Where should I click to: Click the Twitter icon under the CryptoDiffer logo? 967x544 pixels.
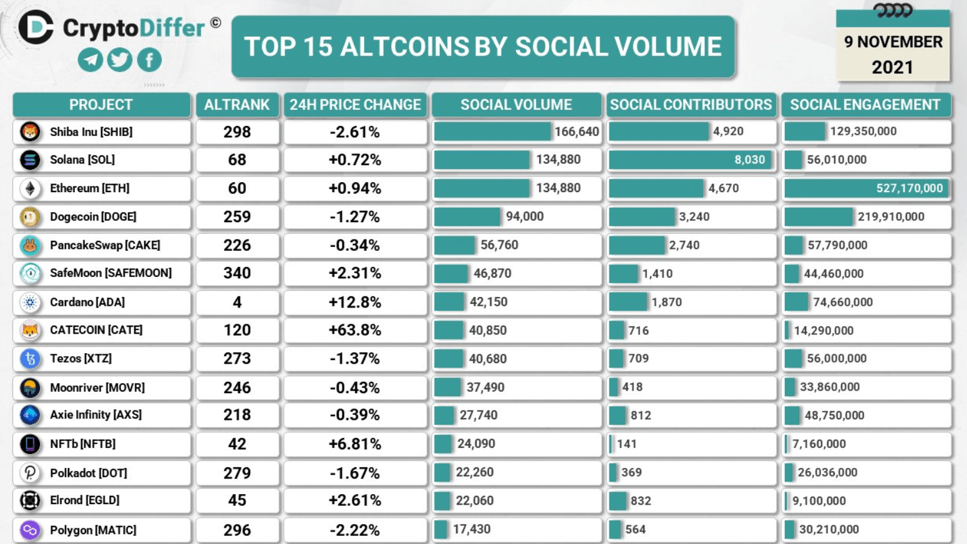[x=120, y=60]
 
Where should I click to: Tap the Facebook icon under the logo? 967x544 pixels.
[x=149, y=60]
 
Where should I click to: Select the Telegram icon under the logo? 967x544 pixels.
[x=90, y=60]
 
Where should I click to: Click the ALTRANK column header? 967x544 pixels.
[x=237, y=105]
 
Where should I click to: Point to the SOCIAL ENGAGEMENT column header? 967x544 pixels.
[x=865, y=105]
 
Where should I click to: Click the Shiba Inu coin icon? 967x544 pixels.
[x=30, y=132]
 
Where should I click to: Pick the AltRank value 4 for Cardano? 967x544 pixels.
[x=237, y=303]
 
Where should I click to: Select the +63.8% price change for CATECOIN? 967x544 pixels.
[x=354, y=330]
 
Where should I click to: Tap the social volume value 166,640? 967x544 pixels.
[x=576, y=132]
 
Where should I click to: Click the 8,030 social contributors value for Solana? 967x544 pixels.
[x=749, y=160]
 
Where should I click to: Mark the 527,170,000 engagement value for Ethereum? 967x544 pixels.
[x=909, y=188]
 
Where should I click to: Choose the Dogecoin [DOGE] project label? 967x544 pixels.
[x=93, y=216]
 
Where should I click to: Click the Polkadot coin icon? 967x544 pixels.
[x=30, y=473]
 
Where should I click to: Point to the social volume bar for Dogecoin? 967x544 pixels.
[x=467, y=216]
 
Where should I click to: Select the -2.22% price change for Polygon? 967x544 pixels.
[x=354, y=530]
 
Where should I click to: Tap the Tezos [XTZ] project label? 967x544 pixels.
[x=81, y=359]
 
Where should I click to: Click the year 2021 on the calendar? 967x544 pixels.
[x=892, y=67]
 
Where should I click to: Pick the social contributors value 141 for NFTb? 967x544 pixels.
[x=627, y=444]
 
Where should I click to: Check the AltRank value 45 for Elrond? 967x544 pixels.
[x=237, y=500]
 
